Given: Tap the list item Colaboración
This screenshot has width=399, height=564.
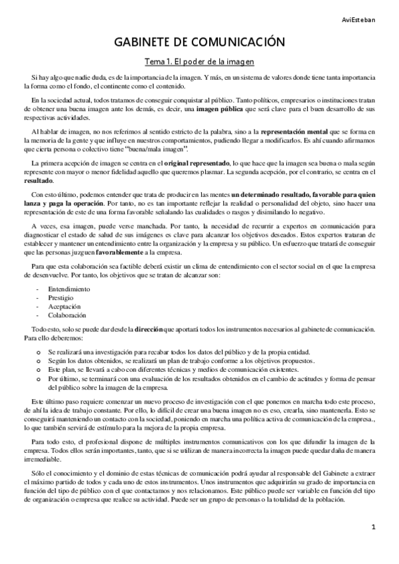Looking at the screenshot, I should pyautogui.click(x=67, y=315).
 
